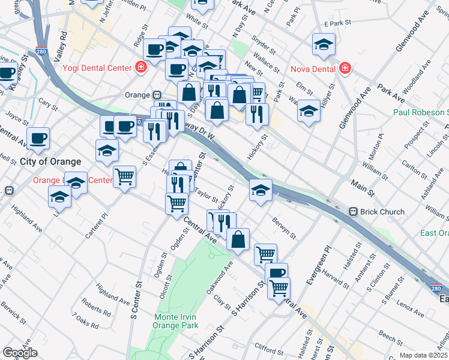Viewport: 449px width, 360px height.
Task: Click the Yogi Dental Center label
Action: click(x=97, y=68)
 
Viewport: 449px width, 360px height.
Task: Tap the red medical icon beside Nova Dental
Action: click(x=345, y=68)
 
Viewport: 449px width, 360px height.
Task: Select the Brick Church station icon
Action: click(x=354, y=212)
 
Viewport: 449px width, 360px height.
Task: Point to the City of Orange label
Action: click(x=50, y=162)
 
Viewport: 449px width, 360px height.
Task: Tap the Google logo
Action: click(x=20, y=353)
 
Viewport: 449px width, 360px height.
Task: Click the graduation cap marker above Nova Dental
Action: click(x=324, y=44)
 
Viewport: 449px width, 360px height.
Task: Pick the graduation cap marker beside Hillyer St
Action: click(x=309, y=111)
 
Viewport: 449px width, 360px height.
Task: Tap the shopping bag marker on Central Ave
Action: click(x=238, y=238)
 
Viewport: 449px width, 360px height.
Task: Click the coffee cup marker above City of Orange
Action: click(x=38, y=138)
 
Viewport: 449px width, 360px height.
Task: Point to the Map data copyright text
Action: click(x=424, y=355)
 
